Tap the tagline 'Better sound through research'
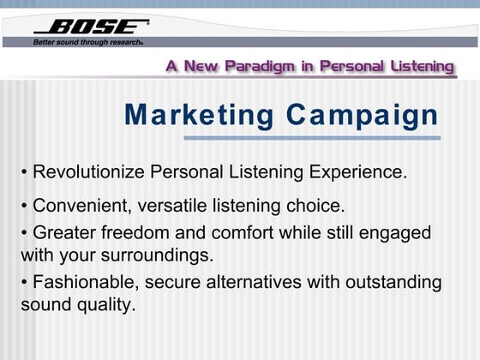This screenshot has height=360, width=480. coord(87,41)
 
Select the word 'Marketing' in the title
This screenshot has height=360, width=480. coord(199,114)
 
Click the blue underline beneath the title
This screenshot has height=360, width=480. coord(312,138)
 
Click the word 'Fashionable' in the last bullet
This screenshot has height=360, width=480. coord(83,282)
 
